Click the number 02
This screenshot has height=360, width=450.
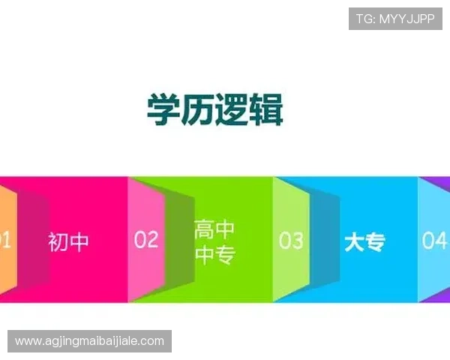click(146, 239)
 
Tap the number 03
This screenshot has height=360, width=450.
click(291, 240)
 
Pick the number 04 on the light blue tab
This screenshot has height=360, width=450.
click(434, 240)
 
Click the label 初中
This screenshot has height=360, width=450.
click(68, 242)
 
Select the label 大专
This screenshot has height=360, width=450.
click(364, 242)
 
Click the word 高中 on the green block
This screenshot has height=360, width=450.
click(214, 229)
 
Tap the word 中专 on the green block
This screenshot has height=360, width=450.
click(214, 256)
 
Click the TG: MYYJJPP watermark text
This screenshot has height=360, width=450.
click(394, 19)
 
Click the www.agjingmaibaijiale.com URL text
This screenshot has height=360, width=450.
click(89, 341)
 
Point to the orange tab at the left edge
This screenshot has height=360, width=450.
click(6, 240)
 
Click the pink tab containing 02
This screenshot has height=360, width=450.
click(146, 217)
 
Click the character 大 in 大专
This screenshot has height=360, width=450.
click(354, 242)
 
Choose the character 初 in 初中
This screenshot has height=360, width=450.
click(58, 242)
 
